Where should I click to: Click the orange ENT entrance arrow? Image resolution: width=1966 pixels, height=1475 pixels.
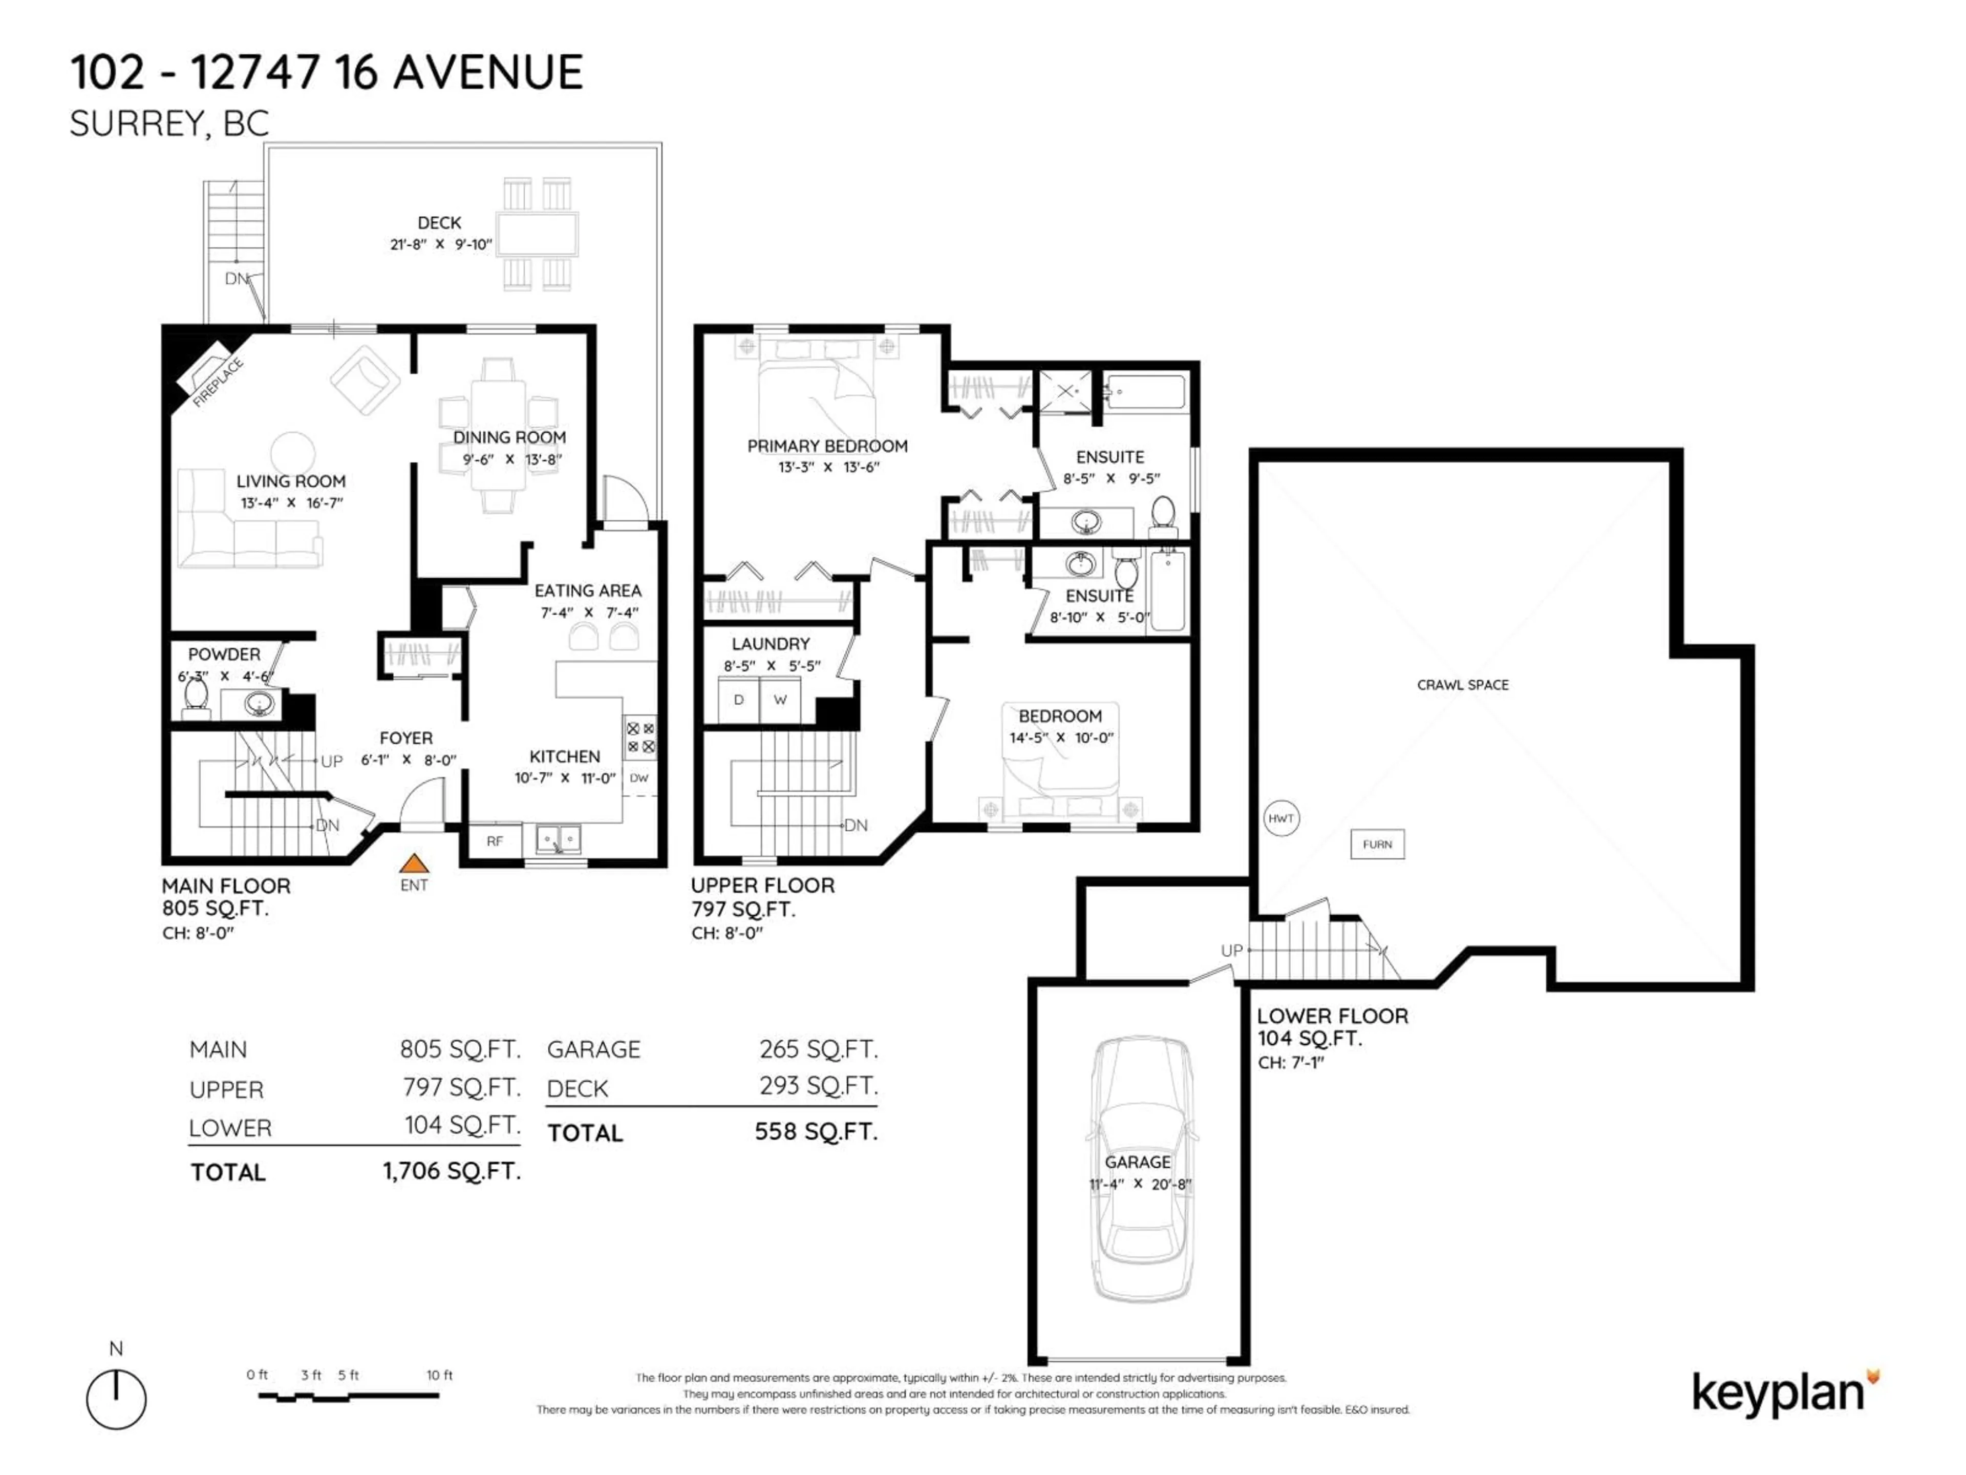point(413,863)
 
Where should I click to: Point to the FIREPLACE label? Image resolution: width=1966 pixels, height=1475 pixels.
point(218,382)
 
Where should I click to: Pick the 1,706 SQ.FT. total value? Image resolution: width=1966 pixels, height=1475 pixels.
point(452,1171)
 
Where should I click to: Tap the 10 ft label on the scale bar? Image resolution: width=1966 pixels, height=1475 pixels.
point(439,1375)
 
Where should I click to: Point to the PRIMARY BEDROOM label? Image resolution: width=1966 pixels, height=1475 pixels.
point(826,446)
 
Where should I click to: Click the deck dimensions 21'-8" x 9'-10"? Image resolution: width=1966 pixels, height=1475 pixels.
point(440,244)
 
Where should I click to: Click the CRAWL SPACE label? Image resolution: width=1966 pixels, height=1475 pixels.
point(1462,685)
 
